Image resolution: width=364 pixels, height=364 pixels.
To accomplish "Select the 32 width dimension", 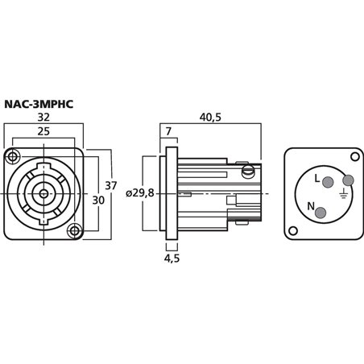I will tap(43, 117).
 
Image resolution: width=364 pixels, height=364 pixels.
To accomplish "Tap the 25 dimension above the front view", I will tap(43, 130).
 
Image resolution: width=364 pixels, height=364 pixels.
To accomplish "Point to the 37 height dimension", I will tap(111, 186).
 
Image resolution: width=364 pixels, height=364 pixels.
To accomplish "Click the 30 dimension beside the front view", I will tap(97, 199).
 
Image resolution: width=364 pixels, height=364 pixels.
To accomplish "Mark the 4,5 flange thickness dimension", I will tap(172, 259).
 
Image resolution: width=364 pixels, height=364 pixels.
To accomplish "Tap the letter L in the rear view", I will tap(316, 179).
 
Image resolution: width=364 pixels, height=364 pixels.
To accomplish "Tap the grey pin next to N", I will tap(321, 213).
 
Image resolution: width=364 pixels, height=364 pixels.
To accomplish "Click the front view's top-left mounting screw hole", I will tap(13, 155).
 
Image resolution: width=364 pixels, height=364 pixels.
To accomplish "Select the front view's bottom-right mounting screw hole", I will tap(74, 233).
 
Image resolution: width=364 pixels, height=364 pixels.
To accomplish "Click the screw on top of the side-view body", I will tap(249, 170).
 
